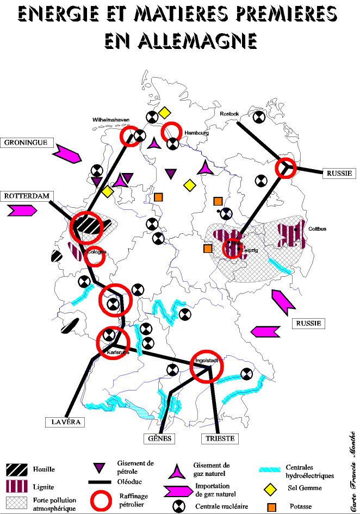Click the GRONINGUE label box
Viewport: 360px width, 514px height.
click(28, 143)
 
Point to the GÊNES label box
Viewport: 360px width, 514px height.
click(160, 438)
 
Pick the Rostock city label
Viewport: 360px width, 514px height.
click(229, 114)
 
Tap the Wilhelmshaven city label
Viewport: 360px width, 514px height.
click(111, 120)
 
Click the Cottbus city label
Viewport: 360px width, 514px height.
click(317, 229)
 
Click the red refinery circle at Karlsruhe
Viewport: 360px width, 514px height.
click(113, 342)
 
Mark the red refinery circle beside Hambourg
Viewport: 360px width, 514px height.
click(171, 131)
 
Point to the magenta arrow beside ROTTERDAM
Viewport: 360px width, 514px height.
click(22, 210)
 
